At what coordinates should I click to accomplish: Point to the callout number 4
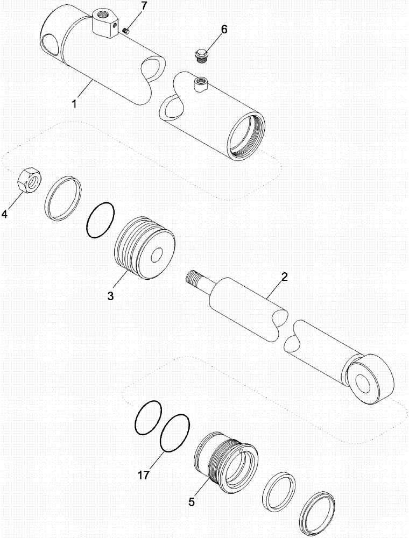(5, 214)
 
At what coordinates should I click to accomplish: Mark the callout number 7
(128, 6)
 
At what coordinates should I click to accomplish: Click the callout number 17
(144, 475)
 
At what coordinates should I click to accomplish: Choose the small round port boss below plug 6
(200, 82)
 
